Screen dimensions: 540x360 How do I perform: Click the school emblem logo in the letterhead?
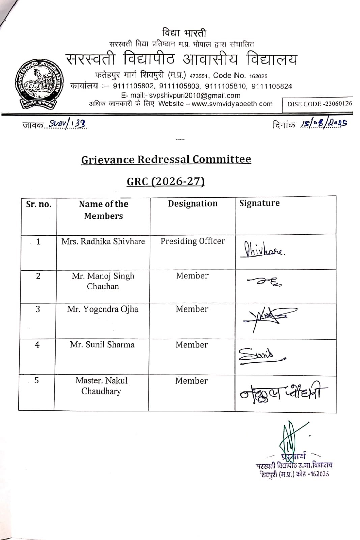coord(39,84)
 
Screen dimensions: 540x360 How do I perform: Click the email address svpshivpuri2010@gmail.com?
coord(195,96)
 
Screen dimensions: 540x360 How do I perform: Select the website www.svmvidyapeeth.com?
coord(232,104)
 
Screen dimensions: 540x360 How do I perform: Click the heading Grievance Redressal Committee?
coord(166,159)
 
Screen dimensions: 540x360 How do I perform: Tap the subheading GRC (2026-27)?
coord(166,182)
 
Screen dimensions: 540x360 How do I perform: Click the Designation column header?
coord(193,204)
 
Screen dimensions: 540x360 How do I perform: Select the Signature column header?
coord(259,203)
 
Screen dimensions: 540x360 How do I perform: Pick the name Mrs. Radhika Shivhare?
coord(103,241)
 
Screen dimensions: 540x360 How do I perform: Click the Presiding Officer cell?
coord(193,241)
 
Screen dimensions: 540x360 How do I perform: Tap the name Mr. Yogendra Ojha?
coord(103,309)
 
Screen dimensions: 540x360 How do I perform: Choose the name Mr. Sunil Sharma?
coord(102,345)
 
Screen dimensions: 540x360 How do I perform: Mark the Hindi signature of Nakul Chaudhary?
coord(283,393)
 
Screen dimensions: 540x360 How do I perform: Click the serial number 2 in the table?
coord(38,276)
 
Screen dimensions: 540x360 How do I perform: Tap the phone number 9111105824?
coord(272,86)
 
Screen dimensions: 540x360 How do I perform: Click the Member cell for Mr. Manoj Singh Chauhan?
coord(192,276)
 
